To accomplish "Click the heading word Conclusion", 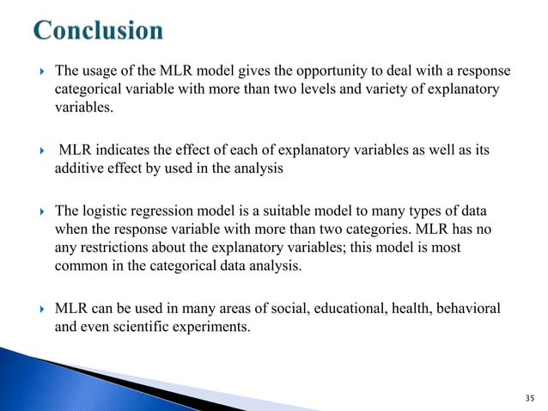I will point(98,32).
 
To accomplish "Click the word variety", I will point(387,89).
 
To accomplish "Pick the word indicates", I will point(125,150).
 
